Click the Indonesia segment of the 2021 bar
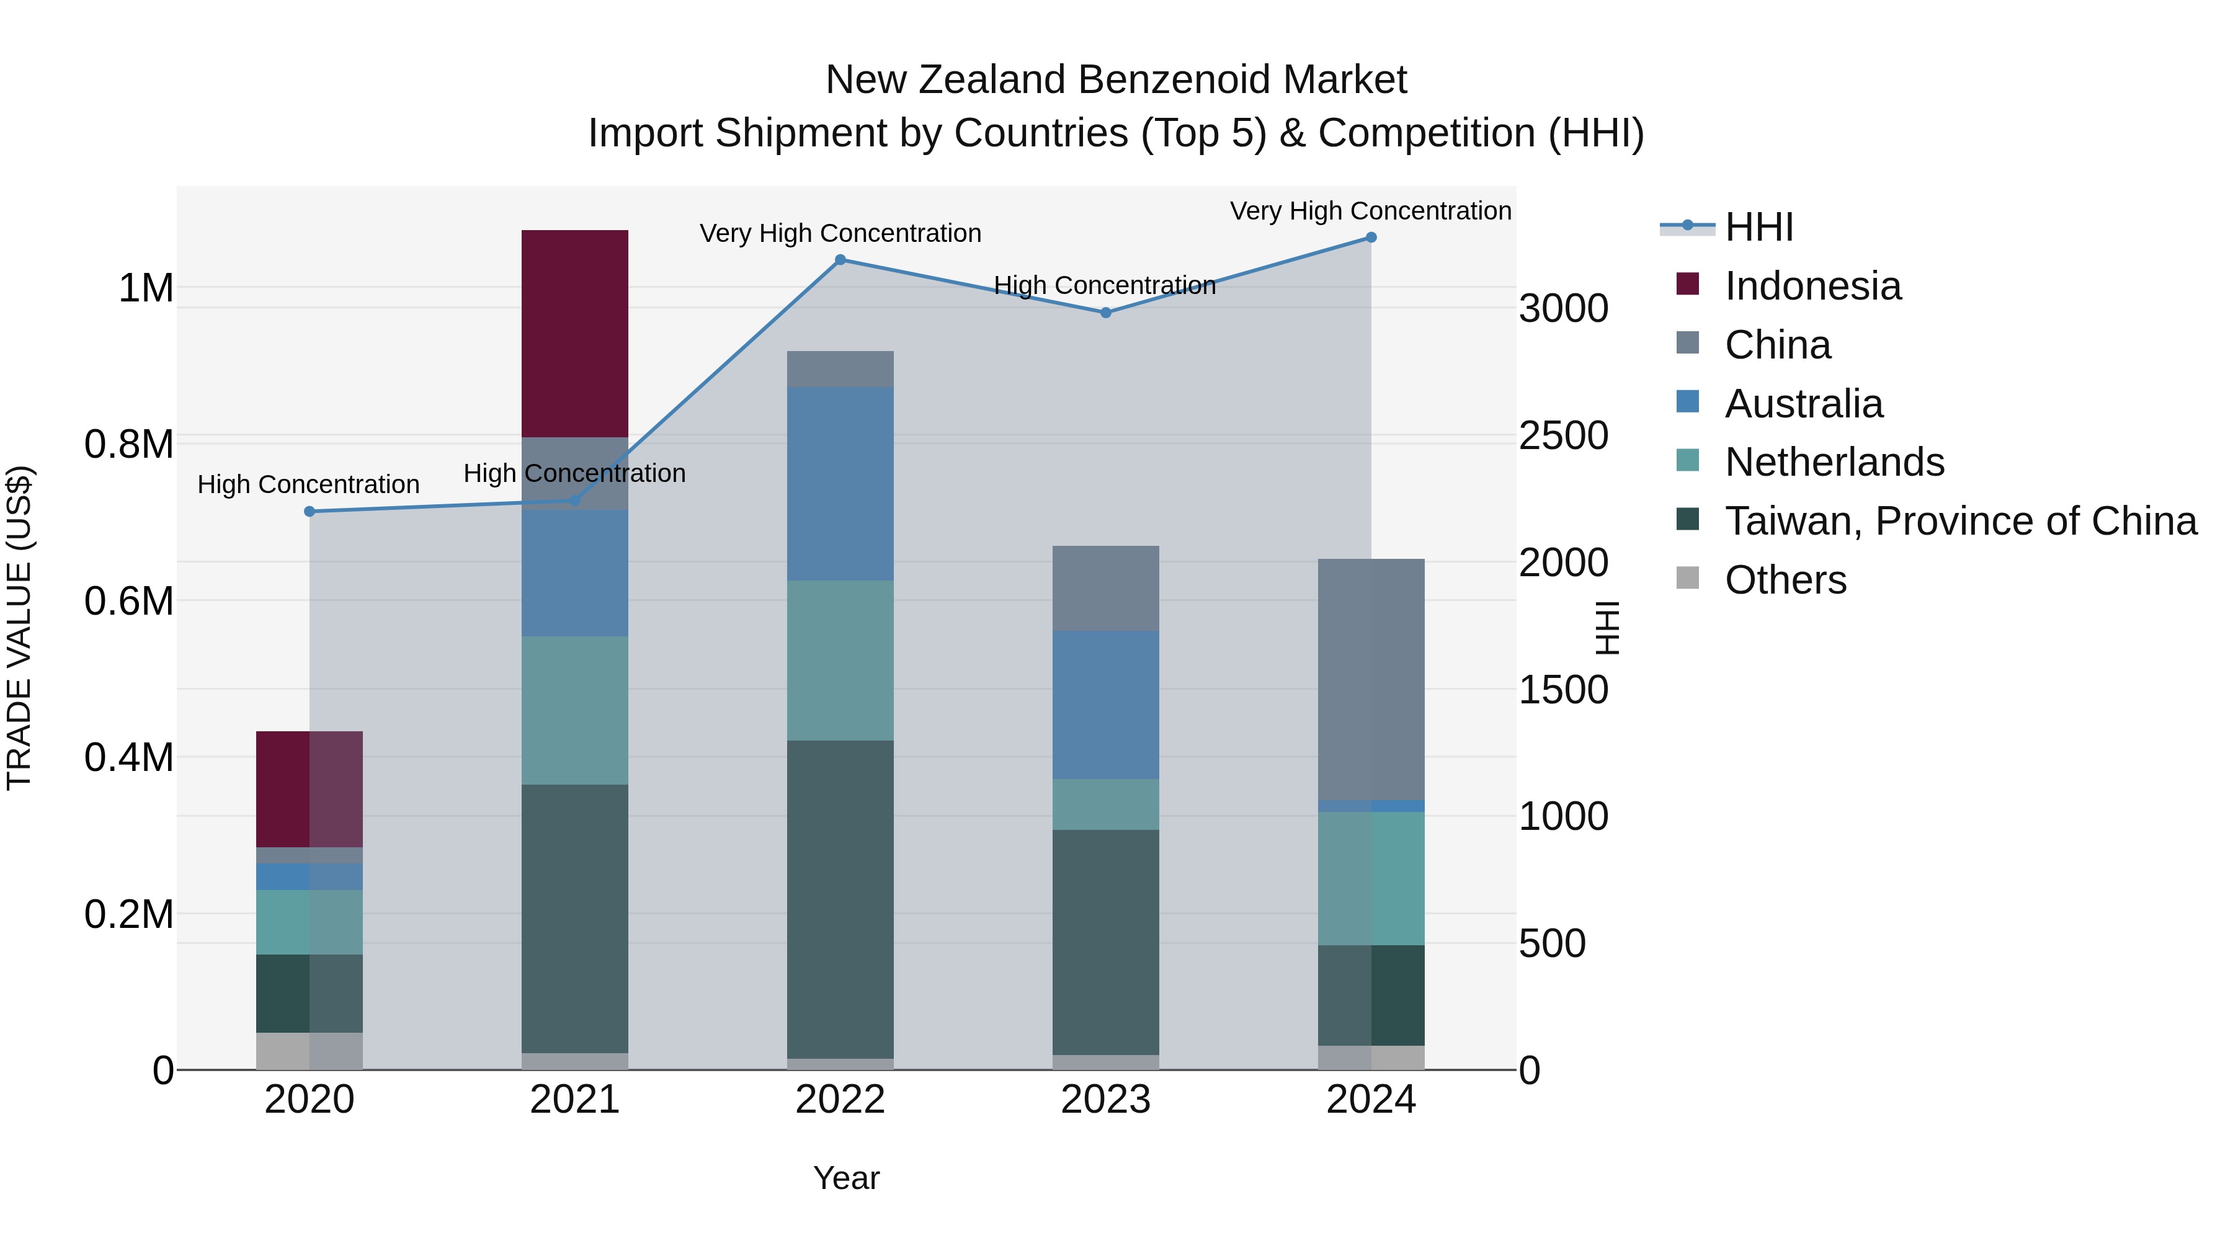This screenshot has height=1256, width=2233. [x=575, y=334]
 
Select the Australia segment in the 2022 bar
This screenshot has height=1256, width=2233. [x=840, y=484]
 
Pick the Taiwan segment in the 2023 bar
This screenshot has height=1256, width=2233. [x=1105, y=942]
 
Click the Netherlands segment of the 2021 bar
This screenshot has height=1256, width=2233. [x=575, y=711]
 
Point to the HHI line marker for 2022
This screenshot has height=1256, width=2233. [x=840, y=260]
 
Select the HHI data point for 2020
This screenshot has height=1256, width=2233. [x=310, y=512]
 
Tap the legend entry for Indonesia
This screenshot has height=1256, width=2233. [x=1812, y=286]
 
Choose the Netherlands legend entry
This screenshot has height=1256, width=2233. [x=1834, y=462]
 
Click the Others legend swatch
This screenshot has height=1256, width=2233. [x=1688, y=578]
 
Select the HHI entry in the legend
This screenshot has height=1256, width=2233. [x=1758, y=227]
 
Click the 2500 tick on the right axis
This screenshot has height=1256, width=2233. [x=1563, y=436]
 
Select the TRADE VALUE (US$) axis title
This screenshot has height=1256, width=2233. [x=19, y=628]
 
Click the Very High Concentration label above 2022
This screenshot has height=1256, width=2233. [x=840, y=233]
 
